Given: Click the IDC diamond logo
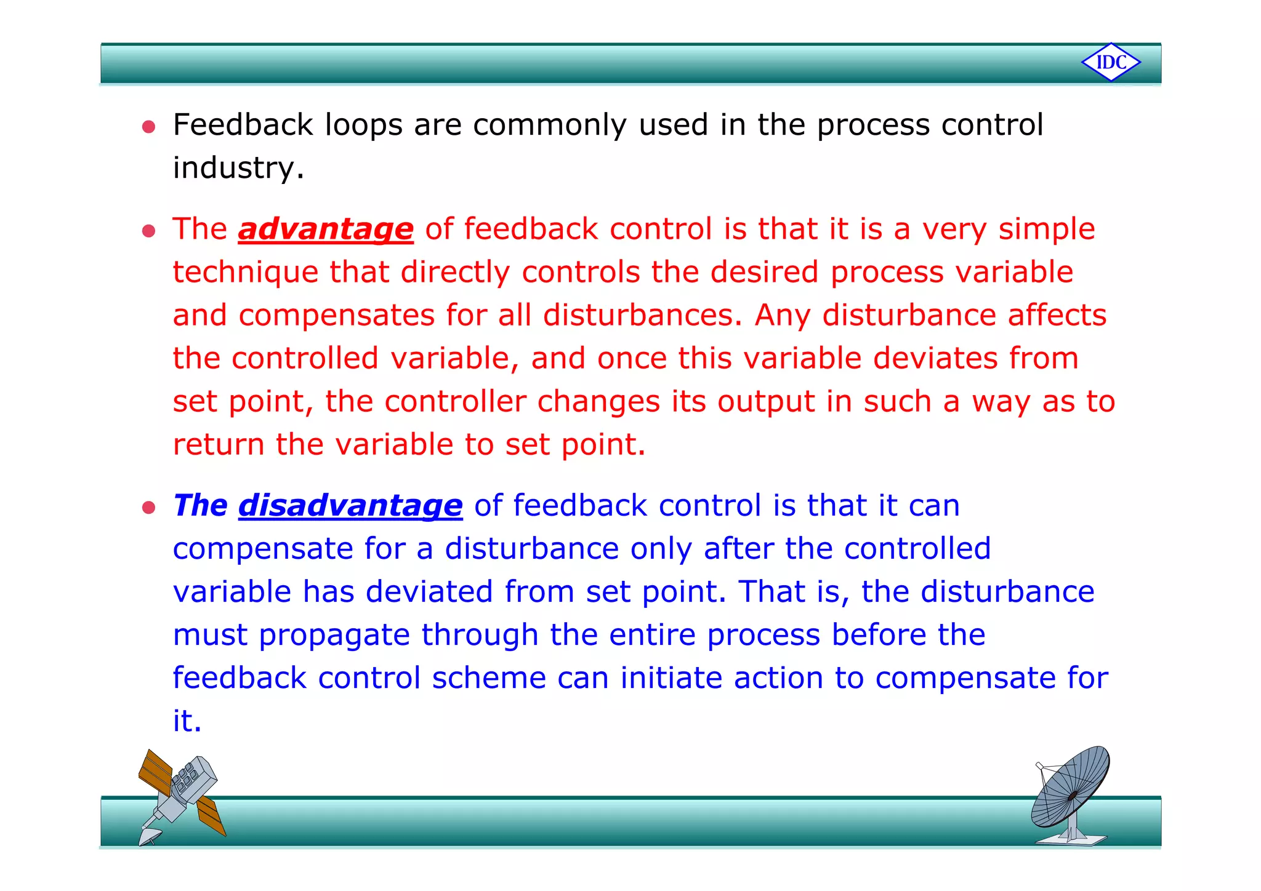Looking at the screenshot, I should [x=1111, y=62].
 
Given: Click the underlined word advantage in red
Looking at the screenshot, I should [x=326, y=229].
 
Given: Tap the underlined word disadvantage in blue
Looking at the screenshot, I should [x=350, y=506].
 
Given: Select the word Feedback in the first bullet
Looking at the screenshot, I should [x=243, y=125].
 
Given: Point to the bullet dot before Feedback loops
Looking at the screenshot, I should [x=148, y=127].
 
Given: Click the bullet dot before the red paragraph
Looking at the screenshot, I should [x=148, y=231].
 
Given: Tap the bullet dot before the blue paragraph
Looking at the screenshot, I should [x=148, y=508].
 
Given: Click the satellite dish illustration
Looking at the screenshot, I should [x=1071, y=794].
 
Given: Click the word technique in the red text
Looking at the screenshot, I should [x=245, y=273].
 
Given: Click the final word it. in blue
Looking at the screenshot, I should [x=187, y=721].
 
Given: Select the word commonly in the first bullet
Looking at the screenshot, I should [x=550, y=125].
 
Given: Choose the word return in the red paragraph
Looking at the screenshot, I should [x=218, y=444].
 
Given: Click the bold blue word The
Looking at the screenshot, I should [x=200, y=506].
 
